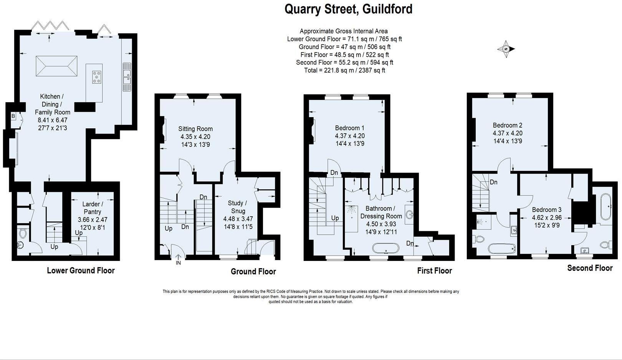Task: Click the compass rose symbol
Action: pos(506,49)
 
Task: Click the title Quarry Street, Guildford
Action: pos(348,9)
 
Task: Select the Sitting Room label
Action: pos(195,129)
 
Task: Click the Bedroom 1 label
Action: pos(350,128)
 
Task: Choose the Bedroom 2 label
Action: pos(508,125)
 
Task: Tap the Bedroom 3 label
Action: pos(547,210)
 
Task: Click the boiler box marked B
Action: pos(13,116)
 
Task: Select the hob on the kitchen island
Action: pos(97,77)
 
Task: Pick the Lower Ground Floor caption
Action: pos(81,270)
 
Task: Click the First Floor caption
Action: pos(434,271)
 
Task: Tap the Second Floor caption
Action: pos(590,268)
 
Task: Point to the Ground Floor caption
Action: pos(253,272)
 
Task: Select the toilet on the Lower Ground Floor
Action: pos(23,233)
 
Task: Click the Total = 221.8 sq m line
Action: pos(344,70)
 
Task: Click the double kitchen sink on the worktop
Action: pos(126,76)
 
